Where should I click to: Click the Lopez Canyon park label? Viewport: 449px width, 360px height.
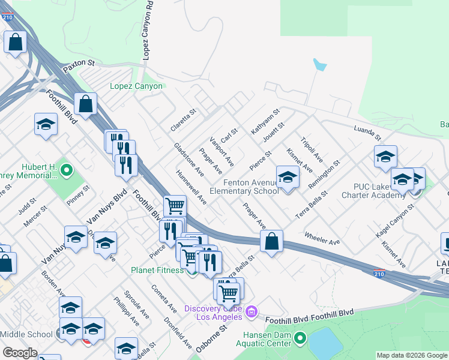pyautogui.click(x=136, y=86)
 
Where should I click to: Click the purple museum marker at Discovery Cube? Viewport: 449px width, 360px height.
pyautogui.click(x=251, y=311)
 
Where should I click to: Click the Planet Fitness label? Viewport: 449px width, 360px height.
pyautogui.click(x=157, y=270)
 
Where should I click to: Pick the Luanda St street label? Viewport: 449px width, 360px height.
pyautogui.click(x=367, y=133)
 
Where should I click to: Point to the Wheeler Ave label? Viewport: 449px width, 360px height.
pyautogui.click(x=322, y=238)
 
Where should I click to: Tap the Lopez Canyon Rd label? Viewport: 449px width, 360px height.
pyautogui.click(x=146, y=30)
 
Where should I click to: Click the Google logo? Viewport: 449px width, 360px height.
pyautogui.click(x=20, y=353)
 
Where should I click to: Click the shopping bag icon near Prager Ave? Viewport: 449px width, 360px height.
pyautogui.click(x=272, y=242)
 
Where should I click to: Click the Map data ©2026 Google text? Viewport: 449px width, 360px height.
pyautogui.click(x=412, y=355)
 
